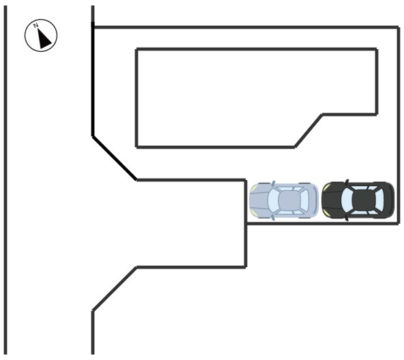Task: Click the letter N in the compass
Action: point(35,25)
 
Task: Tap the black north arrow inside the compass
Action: point(44,39)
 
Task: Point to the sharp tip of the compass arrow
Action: point(38,29)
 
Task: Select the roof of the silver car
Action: point(289,200)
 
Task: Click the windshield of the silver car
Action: point(273,200)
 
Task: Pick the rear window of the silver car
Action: point(304,200)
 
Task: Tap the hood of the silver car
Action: point(259,200)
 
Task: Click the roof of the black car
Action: point(363,200)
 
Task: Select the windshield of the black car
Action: point(347,200)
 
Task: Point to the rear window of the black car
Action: point(379,200)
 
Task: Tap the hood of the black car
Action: point(332,200)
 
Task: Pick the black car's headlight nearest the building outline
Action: point(326,187)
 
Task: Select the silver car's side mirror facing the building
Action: point(274,183)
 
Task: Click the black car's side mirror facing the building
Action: point(347,182)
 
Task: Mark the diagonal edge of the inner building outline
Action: point(308,131)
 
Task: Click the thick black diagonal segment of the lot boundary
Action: point(115,158)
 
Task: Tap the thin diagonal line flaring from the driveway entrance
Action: point(115,289)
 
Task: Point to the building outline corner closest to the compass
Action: point(136,49)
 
